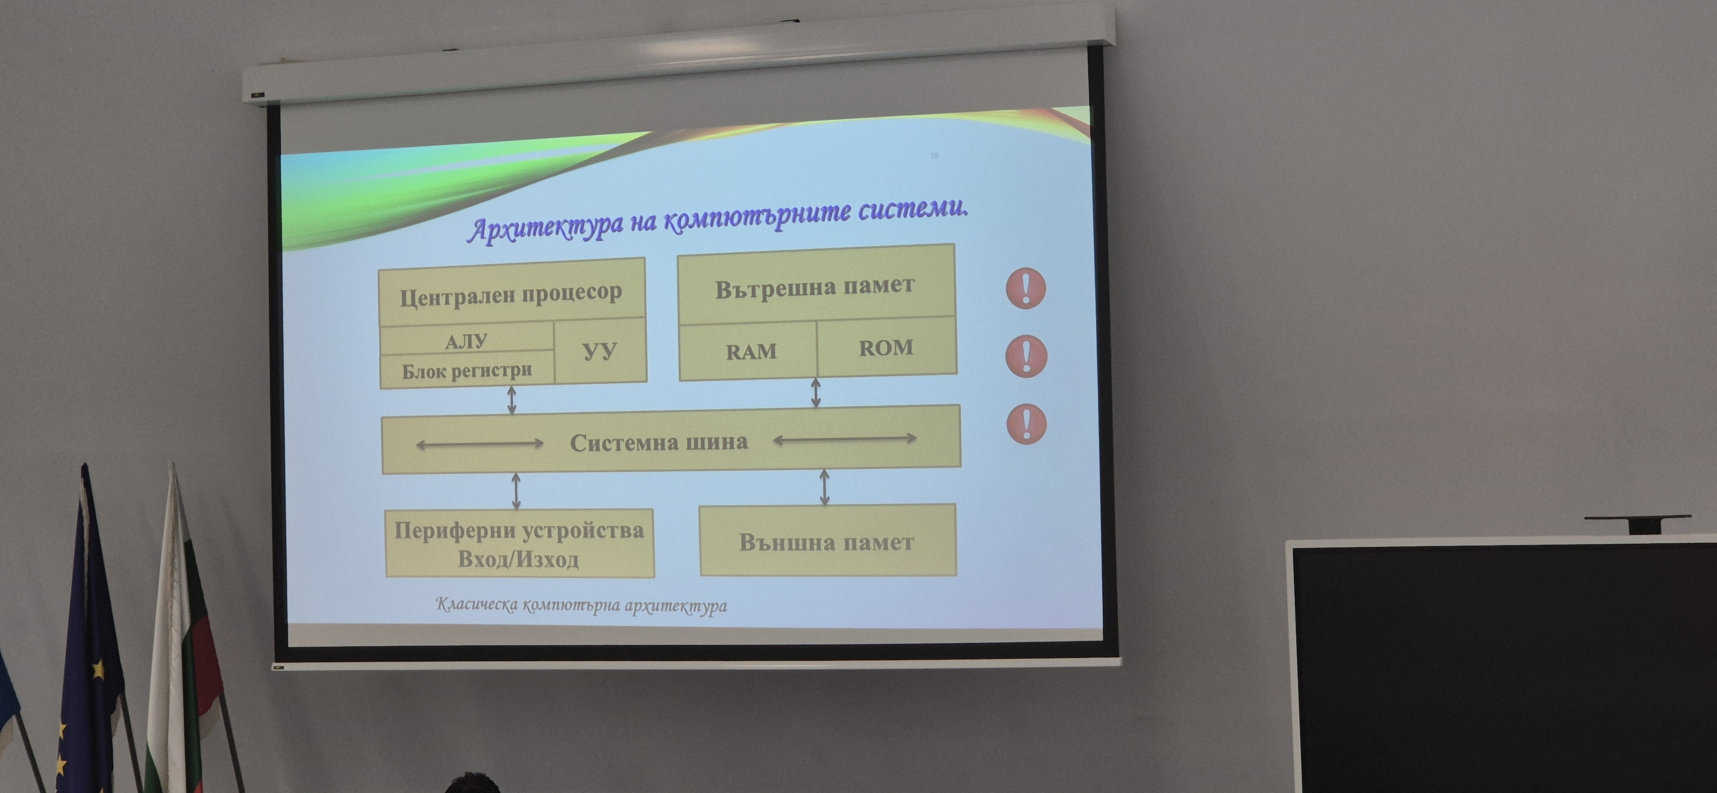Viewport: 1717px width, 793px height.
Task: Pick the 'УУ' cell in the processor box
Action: pos(600,351)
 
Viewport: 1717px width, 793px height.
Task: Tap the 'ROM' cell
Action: pos(886,347)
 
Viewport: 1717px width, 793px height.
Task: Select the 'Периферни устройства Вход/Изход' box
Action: pos(519,543)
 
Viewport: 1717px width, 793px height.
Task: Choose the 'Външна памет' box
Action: pos(827,540)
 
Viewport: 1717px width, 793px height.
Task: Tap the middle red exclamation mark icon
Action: pos(1026,356)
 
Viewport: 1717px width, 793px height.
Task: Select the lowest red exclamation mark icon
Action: pos(1026,424)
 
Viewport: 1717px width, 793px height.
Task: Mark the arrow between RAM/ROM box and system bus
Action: pos(815,393)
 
